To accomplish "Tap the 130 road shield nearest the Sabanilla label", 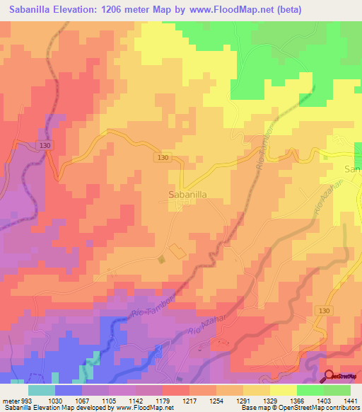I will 163,158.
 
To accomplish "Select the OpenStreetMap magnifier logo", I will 329,375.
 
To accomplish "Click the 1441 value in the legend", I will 351,400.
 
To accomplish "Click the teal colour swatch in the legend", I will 42,389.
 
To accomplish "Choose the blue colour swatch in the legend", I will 68,389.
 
